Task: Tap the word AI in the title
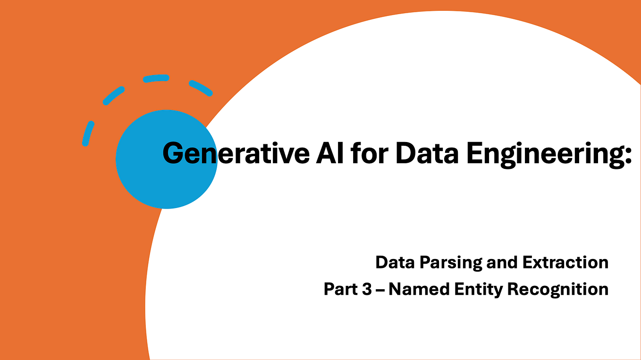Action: pyautogui.click(x=324, y=153)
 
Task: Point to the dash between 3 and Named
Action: pyautogui.click(x=380, y=289)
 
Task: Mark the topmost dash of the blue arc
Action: pyautogui.click(x=156, y=78)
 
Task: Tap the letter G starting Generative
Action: pyautogui.click(x=173, y=153)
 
